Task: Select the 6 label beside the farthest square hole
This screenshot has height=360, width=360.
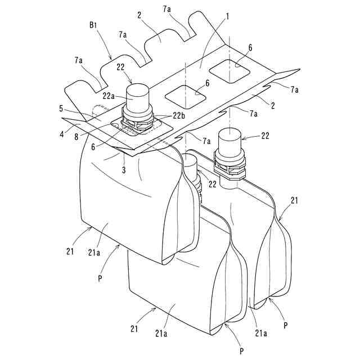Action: pyautogui.click(x=249, y=49)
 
